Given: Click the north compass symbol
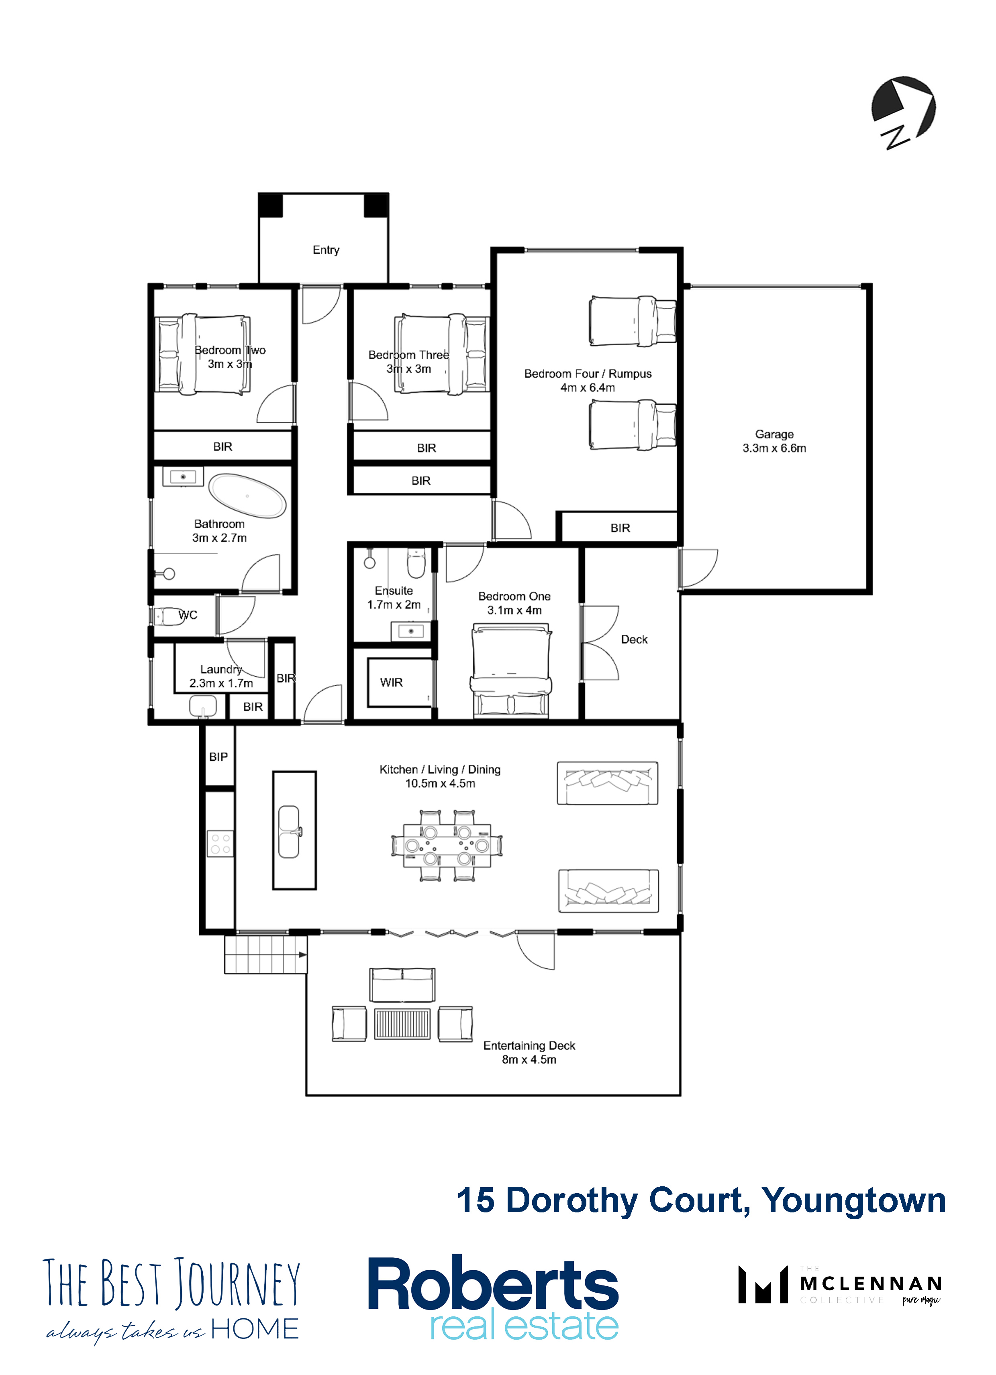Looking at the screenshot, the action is [903, 112].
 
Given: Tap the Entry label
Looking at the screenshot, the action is [326, 250].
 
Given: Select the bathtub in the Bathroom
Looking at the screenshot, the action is [247, 495].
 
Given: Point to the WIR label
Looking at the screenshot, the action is [391, 682].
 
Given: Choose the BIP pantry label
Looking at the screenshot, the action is [218, 757].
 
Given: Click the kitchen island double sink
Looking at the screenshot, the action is [289, 831].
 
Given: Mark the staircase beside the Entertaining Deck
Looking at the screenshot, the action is [266, 955].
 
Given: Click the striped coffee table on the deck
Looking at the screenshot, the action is [402, 1023].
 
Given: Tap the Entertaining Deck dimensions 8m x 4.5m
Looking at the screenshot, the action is [529, 1059].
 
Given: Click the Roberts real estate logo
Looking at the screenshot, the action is [493, 1298].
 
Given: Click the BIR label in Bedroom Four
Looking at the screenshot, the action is [620, 528].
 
